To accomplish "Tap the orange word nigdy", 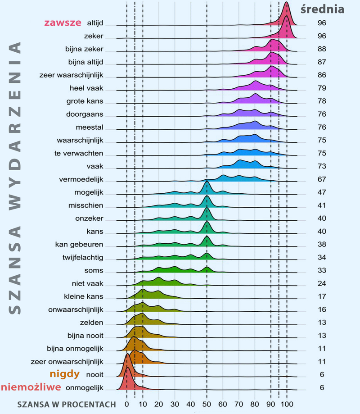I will click(64, 374).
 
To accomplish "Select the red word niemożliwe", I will click(31, 387).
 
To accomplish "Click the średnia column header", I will click(322, 9).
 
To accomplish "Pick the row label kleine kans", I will click(84, 297).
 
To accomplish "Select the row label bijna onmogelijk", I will click(75, 349).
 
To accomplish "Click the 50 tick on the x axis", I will click(207, 404).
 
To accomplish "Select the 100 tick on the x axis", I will click(287, 404).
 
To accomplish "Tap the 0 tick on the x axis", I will click(127, 404).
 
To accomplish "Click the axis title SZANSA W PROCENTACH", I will click(67, 404).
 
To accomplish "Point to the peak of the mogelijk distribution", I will click(207, 181).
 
